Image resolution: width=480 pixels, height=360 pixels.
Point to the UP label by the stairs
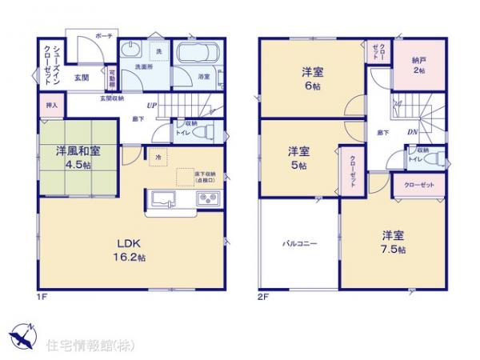pos(151,106)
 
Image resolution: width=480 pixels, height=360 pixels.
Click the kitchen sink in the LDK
pos(160,200)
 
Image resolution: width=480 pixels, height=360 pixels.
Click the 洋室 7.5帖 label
pos(391,242)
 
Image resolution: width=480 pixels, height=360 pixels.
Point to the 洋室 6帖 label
pos(312,78)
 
